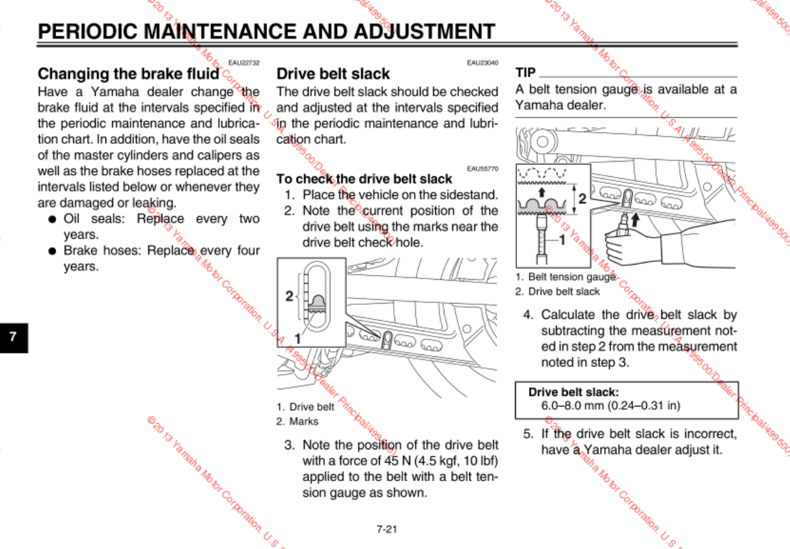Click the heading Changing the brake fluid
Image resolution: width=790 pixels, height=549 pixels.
pyautogui.click(x=128, y=73)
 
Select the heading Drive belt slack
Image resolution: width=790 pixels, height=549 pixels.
pyautogui.click(x=333, y=74)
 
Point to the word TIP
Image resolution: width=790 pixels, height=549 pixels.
pyautogui.click(x=526, y=73)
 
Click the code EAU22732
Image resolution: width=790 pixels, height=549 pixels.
pyautogui.click(x=244, y=63)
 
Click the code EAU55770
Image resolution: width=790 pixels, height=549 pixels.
pyautogui.click(x=483, y=169)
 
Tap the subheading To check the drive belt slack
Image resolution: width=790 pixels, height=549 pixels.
pyautogui.click(x=364, y=179)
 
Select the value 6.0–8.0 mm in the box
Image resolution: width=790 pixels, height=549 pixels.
pyautogui.click(x=568, y=406)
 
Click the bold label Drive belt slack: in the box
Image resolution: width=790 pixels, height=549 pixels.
pyautogui.click(x=573, y=392)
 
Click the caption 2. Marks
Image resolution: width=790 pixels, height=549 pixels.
pyautogui.click(x=297, y=421)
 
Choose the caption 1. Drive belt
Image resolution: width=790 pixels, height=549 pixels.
pyautogui.click(x=305, y=407)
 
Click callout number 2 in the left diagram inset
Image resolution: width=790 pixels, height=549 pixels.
pyautogui.click(x=289, y=296)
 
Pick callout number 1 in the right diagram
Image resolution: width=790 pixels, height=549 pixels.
pyautogui.click(x=562, y=240)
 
